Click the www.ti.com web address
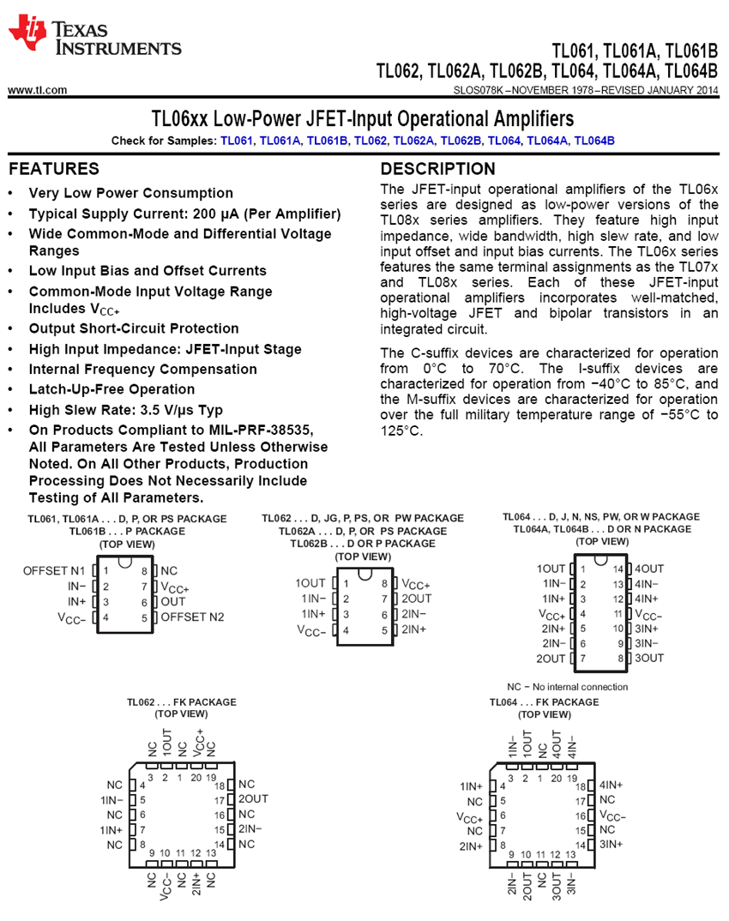tap(37, 90)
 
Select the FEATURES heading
tap(54, 169)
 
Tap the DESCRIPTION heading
tap(437, 169)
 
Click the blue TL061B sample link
tap(327, 141)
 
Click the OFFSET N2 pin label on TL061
tap(192, 617)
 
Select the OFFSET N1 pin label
tap(54, 570)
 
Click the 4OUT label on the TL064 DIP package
tap(649, 569)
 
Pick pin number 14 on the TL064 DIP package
tap(618, 569)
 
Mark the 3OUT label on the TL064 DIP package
tap(649, 658)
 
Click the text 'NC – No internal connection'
tap(567, 686)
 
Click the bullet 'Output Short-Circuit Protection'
tap(134, 328)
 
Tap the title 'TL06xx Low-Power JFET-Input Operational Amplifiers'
tap(363, 117)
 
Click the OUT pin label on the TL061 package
tap(173, 601)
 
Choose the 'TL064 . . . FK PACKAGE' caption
tap(544, 701)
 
